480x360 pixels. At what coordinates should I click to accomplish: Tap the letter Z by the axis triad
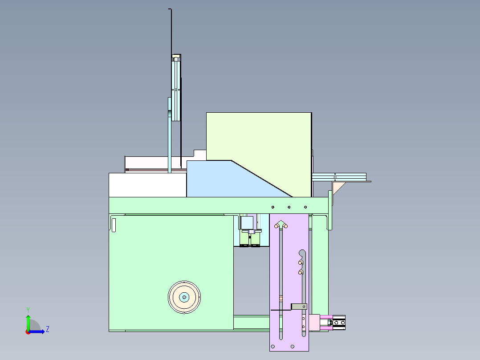[x=48, y=329]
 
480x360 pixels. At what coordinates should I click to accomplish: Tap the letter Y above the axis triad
[x=28, y=310]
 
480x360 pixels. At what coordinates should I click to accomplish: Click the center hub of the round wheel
[x=184, y=297]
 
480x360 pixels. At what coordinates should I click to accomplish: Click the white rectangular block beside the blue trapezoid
[x=147, y=185]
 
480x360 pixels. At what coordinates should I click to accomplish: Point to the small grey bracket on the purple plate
[x=299, y=307]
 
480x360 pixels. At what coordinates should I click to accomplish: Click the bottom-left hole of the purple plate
[x=273, y=347]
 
